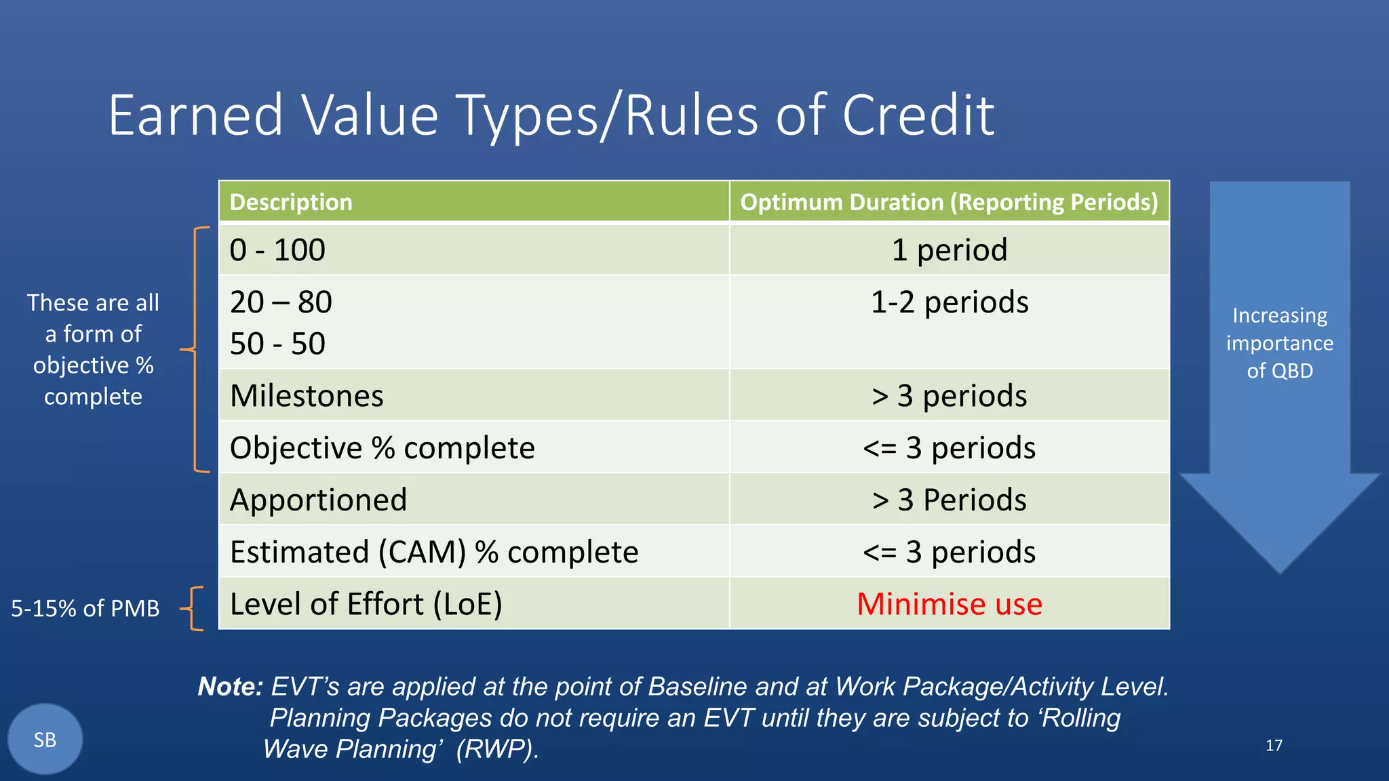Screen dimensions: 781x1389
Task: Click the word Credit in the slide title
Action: tap(918, 115)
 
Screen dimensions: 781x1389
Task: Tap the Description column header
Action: tap(291, 202)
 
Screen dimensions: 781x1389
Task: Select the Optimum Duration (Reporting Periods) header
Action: tap(949, 202)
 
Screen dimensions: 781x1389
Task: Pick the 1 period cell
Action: tap(949, 250)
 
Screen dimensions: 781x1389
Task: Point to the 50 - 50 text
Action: tap(277, 344)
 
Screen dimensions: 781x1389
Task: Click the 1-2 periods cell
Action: tap(949, 302)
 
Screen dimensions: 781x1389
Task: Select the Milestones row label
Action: tap(307, 396)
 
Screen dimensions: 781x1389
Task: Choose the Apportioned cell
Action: tap(318, 500)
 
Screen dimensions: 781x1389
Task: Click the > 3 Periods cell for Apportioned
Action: tap(949, 500)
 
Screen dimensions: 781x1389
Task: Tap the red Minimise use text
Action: tap(949, 604)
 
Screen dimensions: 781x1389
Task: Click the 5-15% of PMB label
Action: tap(85, 608)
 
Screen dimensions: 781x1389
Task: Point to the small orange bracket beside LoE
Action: tap(194, 608)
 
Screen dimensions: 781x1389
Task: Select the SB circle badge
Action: tap(45, 739)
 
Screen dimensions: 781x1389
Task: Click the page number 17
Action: tap(1274, 746)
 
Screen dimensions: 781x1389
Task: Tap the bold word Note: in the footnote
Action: tap(230, 687)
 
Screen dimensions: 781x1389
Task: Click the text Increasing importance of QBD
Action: tap(1279, 343)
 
